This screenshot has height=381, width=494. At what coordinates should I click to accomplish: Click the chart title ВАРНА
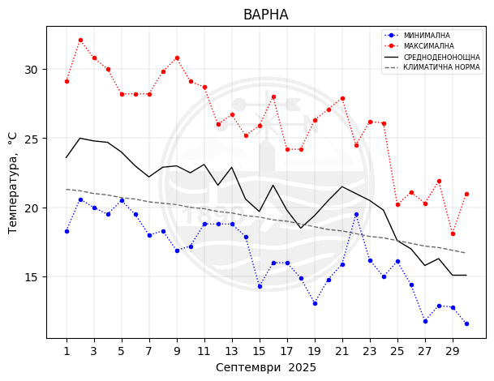coord(265,15)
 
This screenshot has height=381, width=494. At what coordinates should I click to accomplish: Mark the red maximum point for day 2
coord(80,40)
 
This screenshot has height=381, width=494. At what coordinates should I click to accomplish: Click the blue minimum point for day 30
coord(466,323)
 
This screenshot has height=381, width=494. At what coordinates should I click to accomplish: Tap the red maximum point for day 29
coord(453,233)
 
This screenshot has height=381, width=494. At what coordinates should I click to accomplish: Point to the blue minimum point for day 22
coord(356,214)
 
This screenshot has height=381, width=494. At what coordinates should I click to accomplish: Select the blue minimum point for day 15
coord(260,286)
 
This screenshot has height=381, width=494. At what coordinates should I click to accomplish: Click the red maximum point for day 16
coord(273,96)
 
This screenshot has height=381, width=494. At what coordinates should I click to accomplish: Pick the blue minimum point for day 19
coord(315,303)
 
